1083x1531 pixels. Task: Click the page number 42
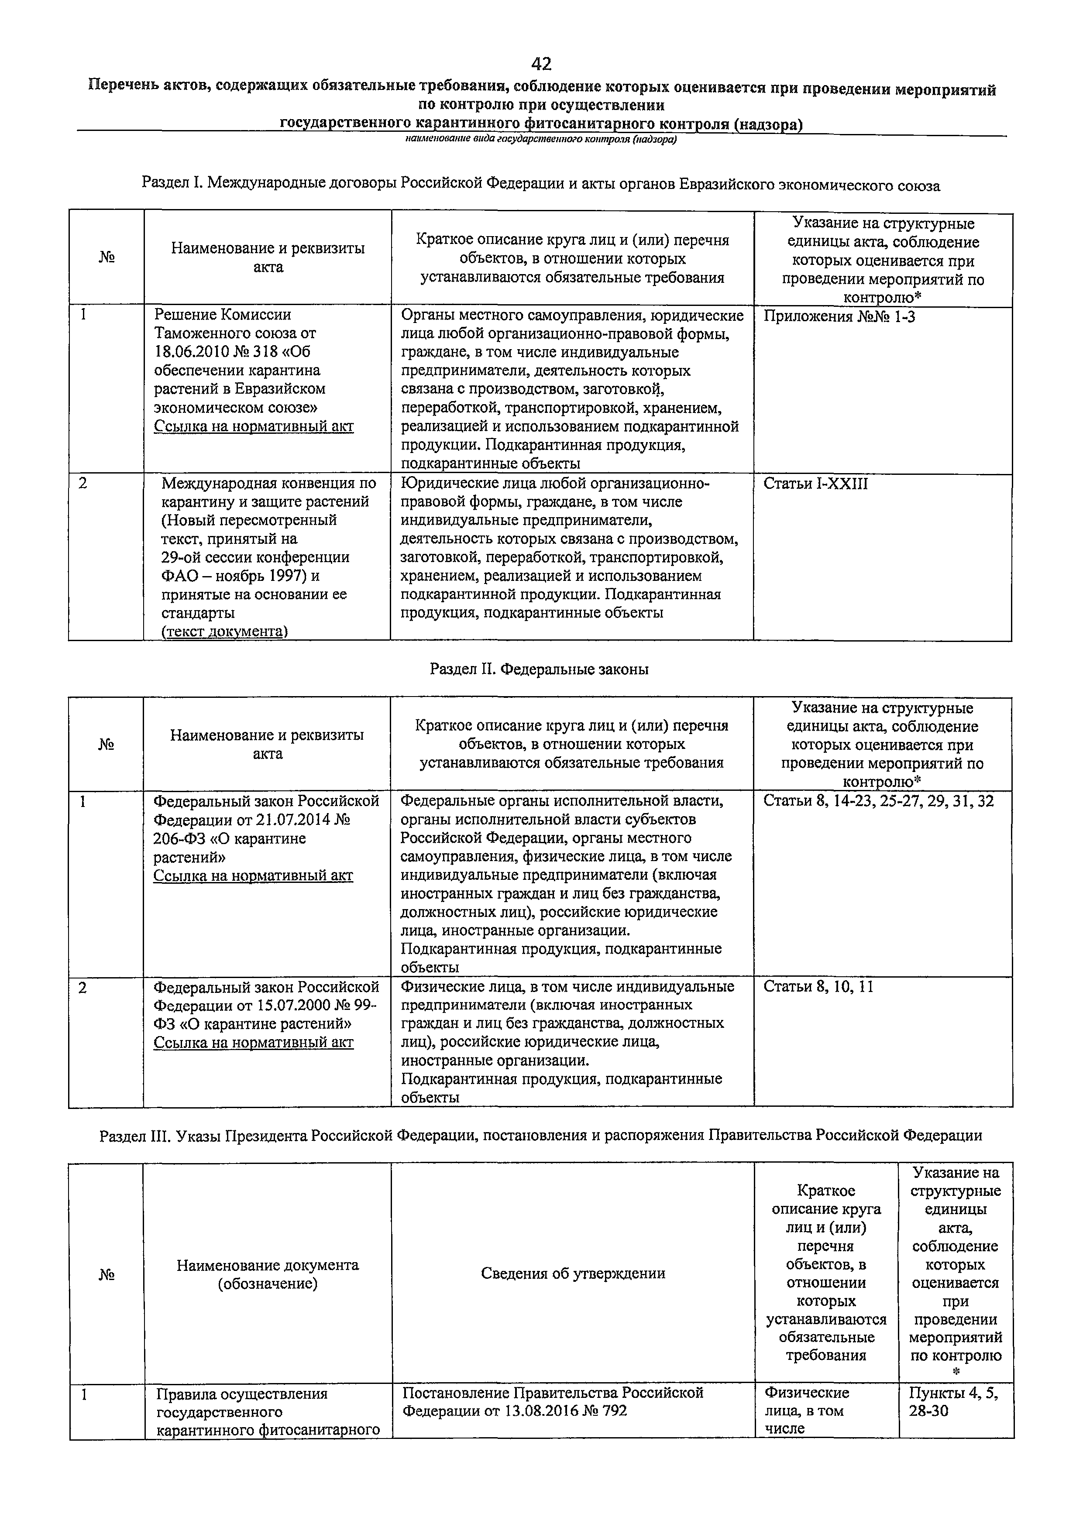(x=541, y=64)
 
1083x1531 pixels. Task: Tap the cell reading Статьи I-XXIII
(x=815, y=484)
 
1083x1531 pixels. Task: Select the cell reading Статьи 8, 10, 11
(x=818, y=987)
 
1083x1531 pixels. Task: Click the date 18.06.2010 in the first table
(x=197, y=351)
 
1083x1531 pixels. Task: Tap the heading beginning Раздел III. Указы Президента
(x=540, y=1135)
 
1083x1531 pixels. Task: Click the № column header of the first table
(x=107, y=258)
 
